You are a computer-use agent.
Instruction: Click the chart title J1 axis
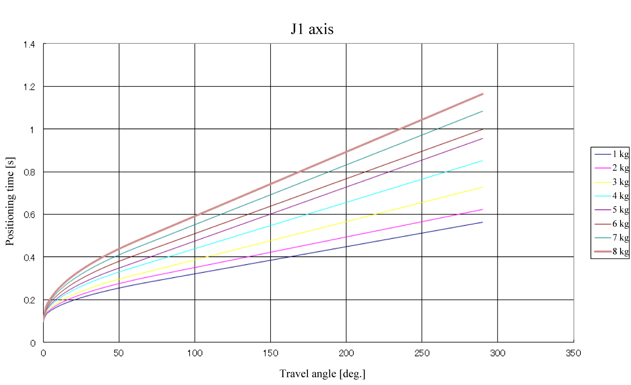pyautogui.click(x=312, y=29)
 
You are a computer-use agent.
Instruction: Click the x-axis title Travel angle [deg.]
pyautogui.click(x=322, y=373)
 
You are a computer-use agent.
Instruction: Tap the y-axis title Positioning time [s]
pyautogui.click(x=10, y=201)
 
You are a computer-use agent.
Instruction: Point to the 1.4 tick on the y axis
pyautogui.click(x=30, y=45)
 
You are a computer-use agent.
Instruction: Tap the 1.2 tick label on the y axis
pyautogui.click(x=30, y=87)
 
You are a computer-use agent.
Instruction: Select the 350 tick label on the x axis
pyautogui.click(x=573, y=353)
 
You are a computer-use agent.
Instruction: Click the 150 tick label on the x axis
pyautogui.click(x=271, y=353)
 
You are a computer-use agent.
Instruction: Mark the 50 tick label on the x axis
pyautogui.click(x=119, y=353)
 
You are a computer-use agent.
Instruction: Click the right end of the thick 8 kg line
pyautogui.click(x=482, y=94)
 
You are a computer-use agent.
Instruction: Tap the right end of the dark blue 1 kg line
pyautogui.click(x=482, y=222)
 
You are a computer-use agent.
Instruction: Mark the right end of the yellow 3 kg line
pyautogui.click(x=482, y=187)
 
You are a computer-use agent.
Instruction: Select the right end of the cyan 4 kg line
pyautogui.click(x=482, y=161)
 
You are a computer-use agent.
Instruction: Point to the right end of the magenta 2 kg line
pyautogui.click(x=482, y=210)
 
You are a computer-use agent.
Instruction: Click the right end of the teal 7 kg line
pyautogui.click(x=482, y=111)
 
